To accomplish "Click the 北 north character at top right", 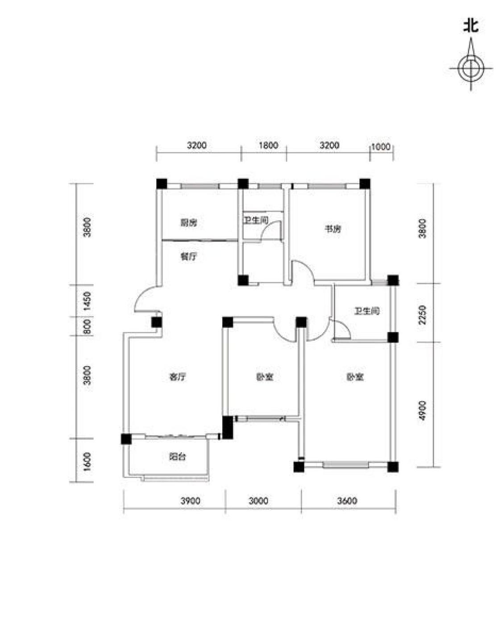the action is pos(470,26).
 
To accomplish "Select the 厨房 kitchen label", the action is pos(188,223).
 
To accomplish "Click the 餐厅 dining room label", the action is pos(188,257).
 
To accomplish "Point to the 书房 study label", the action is pos(332,229).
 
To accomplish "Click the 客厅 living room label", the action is pos(178,377).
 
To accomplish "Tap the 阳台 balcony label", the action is pos(178,457).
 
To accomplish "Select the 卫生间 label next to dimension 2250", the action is pos(367,311).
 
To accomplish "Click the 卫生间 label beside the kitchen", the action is pos(256,220).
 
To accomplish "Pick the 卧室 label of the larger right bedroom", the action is pos(355,377).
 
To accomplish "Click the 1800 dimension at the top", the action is pos(268,145).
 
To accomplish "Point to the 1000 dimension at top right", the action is pos(381,146).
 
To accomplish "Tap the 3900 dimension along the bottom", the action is pos(191,501).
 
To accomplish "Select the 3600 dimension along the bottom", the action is pos(347,501).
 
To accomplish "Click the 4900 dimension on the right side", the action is pos(422,410).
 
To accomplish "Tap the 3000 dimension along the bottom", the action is pos(258,501).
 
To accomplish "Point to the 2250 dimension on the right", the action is pos(422,315).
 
